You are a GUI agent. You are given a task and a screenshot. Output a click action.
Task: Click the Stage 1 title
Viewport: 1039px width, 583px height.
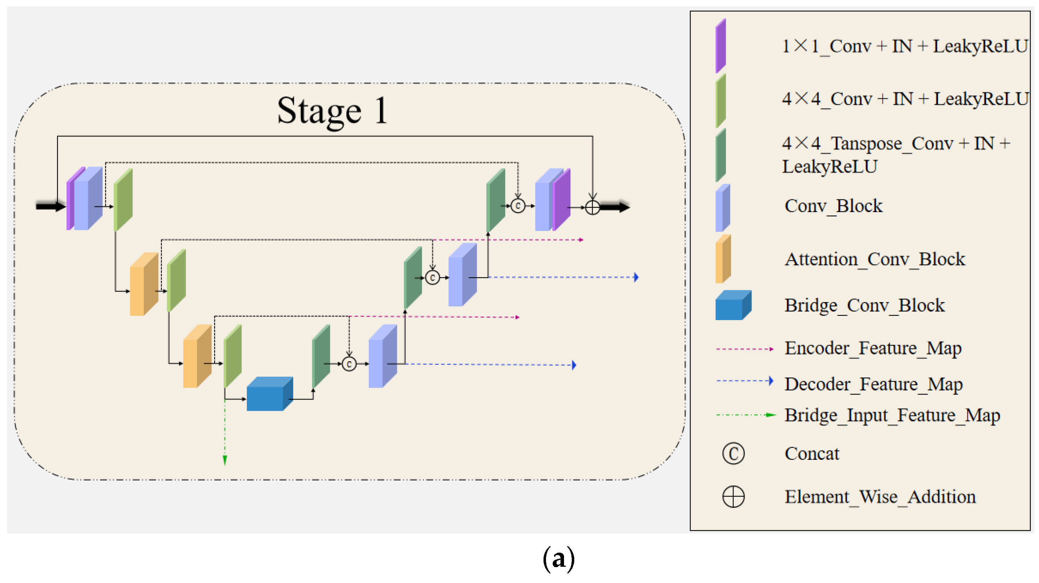coord(332,111)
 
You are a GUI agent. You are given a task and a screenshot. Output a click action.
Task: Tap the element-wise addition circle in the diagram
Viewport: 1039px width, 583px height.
coord(592,207)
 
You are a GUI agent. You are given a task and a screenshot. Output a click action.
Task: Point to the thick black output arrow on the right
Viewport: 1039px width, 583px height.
coord(615,207)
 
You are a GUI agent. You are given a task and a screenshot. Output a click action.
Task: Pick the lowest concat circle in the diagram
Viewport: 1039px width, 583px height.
coord(349,364)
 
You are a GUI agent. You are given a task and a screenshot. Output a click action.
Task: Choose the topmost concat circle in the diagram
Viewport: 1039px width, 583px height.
coord(518,206)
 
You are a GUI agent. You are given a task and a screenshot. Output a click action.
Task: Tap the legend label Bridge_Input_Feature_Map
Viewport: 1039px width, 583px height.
coord(892,415)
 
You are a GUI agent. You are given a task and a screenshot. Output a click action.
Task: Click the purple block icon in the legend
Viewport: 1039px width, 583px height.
coord(720,46)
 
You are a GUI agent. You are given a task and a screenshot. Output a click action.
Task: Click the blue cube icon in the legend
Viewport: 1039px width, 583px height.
coord(733,306)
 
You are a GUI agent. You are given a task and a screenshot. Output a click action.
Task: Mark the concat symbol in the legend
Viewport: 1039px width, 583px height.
coord(733,454)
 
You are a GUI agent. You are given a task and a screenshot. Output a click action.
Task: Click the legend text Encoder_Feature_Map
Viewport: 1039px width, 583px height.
coord(873,348)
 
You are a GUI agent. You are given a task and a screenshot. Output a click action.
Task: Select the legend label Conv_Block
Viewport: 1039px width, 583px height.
coord(833,206)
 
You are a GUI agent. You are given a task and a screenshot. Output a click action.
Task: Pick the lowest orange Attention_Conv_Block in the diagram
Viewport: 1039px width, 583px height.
coord(197,356)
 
